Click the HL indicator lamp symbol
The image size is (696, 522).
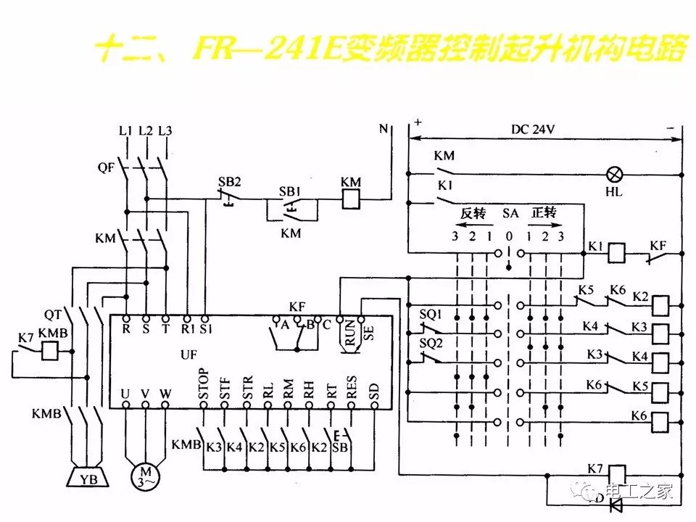[x=616, y=174]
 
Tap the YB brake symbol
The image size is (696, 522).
[x=88, y=478]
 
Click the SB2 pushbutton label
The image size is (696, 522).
[x=230, y=181]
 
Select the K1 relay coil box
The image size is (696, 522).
[x=616, y=252]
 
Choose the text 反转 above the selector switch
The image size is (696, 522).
[x=472, y=214]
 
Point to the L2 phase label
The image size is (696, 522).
[x=146, y=130]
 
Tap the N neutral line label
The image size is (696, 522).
[x=384, y=130]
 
